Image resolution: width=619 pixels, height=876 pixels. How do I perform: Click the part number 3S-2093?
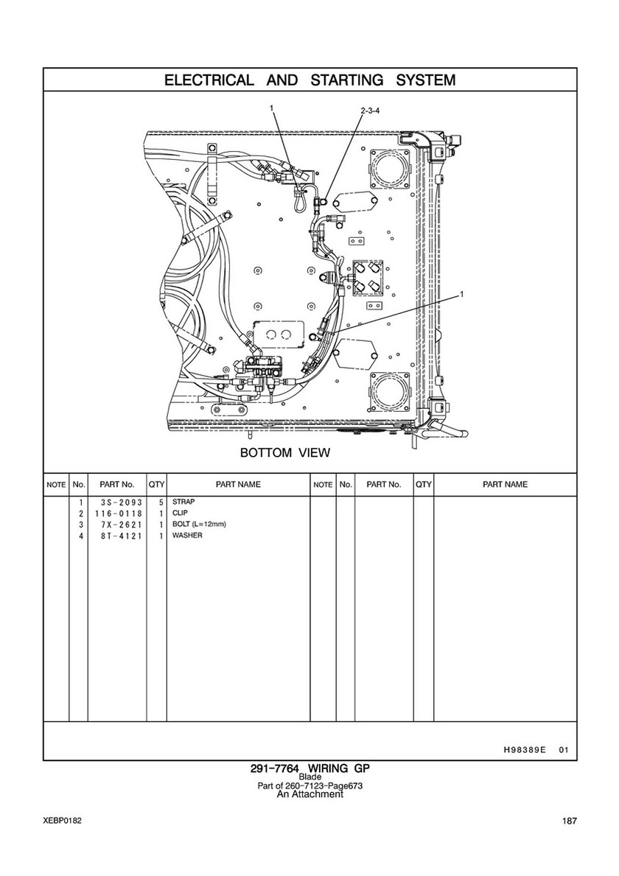[119, 502]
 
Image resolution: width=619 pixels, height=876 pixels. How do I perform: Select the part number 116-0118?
[119, 514]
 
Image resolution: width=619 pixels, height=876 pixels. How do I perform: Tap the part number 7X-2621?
[119, 525]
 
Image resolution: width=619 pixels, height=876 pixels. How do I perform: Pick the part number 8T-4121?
[119, 536]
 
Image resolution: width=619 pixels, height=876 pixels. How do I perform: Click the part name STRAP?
[183, 502]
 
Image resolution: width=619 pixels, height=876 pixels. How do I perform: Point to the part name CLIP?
[180, 513]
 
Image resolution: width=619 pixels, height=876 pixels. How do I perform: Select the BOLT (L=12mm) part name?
[199, 525]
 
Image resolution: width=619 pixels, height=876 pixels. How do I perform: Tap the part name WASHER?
[187, 535]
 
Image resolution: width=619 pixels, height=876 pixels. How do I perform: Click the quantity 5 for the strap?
[161, 502]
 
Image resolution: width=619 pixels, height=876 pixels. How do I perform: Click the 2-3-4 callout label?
[371, 111]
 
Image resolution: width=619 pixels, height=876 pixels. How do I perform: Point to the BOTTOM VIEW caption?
[285, 452]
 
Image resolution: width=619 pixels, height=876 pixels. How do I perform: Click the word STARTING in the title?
[347, 80]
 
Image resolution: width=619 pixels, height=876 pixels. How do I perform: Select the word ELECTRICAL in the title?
[209, 80]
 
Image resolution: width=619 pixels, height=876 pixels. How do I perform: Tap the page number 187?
[570, 821]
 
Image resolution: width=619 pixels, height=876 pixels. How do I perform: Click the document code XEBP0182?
[62, 821]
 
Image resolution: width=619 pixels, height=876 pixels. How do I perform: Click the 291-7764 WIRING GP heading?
[310, 768]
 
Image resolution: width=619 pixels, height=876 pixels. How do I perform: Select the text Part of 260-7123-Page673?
[310, 785]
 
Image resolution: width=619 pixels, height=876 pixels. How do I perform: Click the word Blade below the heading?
[310, 777]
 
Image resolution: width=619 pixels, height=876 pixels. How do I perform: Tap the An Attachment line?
[310, 794]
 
